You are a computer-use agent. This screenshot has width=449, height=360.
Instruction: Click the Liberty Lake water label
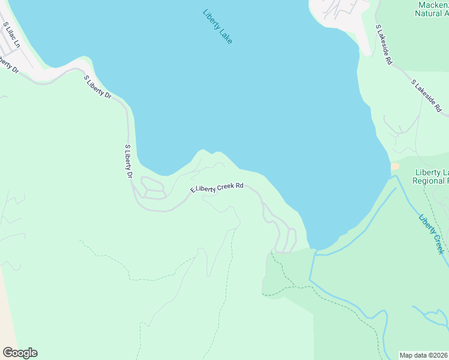(217, 26)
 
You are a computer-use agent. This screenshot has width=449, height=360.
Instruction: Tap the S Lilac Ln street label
(11, 35)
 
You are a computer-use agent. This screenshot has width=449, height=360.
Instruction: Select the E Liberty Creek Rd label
(217, 188)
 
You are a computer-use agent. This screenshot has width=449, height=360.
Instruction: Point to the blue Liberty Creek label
(432, 233)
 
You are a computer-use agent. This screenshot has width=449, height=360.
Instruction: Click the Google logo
(20, 352)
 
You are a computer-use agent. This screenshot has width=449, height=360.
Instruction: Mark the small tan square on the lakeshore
(394, 166)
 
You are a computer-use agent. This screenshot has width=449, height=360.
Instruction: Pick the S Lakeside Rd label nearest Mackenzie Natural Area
(384, 44)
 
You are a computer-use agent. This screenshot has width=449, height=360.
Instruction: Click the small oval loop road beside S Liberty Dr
(152, 188)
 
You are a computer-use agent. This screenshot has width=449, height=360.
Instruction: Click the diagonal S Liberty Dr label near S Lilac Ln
(98, 87)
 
